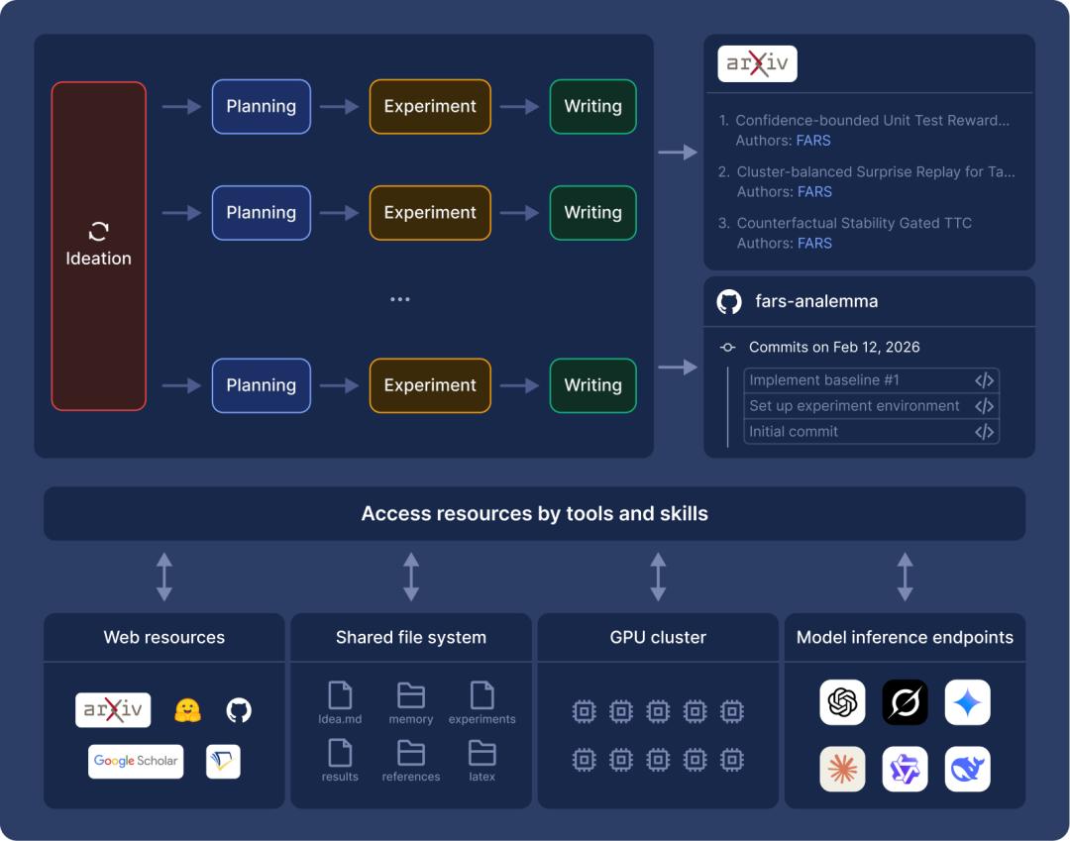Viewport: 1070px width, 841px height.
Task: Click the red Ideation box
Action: pyautogui.click(x=98, y=246)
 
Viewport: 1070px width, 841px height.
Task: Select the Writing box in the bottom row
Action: pyautogui.click(x=592, y=385)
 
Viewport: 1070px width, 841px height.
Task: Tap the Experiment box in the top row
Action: pyautogui.click(x=430, y=106)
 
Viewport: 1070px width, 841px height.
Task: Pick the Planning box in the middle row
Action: pyautogui.click(x=261, y=212)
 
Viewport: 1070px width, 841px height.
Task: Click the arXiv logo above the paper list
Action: pyautogui.click(x=757, y=64)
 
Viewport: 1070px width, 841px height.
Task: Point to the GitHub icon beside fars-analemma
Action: pyautogui.click(x=729, y=302)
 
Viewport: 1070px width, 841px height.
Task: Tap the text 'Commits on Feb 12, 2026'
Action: pyautogui.click(x=834, y=347)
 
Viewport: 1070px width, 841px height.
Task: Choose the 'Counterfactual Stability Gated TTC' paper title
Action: pyautogui.click(x=853, y=223)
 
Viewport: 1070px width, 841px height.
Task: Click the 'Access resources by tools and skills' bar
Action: pyautogui.click(x=534, y=513)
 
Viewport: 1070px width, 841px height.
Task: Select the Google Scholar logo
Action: pyautogui.click(x=136, y=761)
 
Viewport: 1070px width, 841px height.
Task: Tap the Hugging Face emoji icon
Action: pyautogui.click(x=188, y=710)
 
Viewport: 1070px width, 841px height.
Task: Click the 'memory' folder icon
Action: pyautogui.click(x=410, y=695)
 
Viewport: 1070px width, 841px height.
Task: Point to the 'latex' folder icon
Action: pyautogui.click(x=482, y=753)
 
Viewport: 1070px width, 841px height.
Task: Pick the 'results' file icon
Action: pyautogui.click(x=340, y=753)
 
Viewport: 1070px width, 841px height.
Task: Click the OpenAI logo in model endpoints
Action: pyautogui.click(x=842, y=702)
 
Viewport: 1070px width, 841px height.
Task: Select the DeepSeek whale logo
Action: pyautogui.click(x=967, y=769)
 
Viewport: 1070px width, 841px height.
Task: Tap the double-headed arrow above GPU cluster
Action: pyautogui.click(x=658, y=577)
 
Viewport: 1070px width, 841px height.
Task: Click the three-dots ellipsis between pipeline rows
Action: pyautogui.click(x=399, y=299)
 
